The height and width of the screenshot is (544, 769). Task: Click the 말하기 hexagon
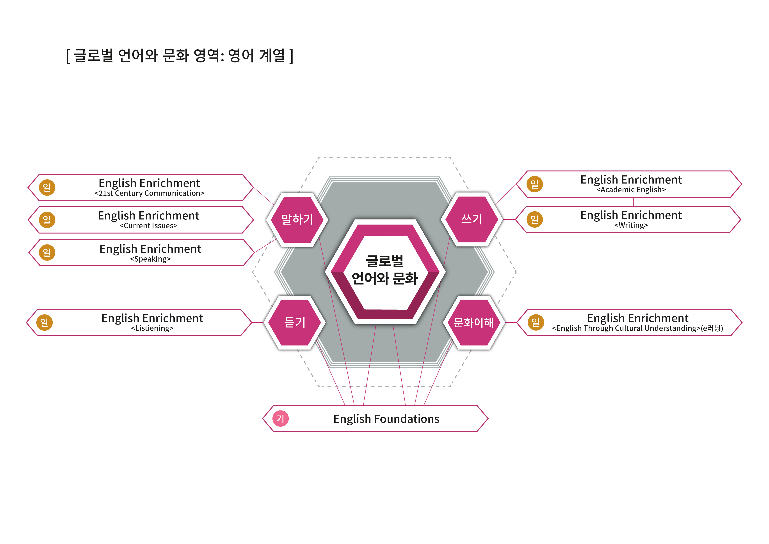297,220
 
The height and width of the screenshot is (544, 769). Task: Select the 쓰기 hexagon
472,219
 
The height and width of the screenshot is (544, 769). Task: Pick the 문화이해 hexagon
473,322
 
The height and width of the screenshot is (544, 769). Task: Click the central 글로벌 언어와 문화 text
385,270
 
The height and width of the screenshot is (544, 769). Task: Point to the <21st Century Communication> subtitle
149,193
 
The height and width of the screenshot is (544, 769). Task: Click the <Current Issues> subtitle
148,226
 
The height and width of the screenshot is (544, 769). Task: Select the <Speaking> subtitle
150,259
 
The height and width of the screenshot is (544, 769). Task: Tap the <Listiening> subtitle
152,328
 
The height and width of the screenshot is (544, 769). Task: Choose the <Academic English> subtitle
631,190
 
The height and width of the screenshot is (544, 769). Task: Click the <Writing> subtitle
631,225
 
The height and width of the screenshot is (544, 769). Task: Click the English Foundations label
386,419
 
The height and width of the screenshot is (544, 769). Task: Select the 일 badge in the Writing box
534,219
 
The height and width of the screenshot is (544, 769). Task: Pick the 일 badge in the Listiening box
45,322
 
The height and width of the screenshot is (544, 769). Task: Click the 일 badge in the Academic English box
534,184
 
